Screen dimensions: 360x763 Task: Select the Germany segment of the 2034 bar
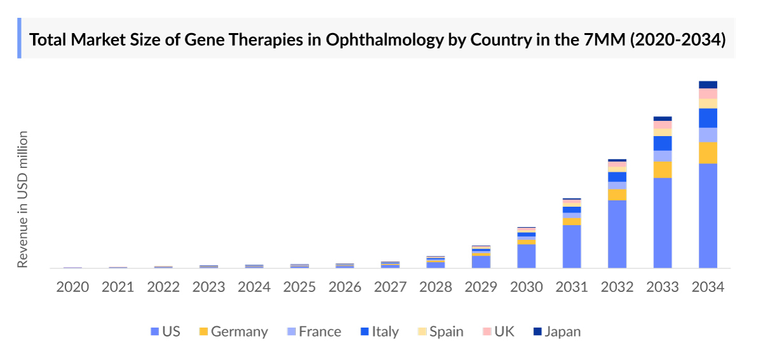[x=708, y=153]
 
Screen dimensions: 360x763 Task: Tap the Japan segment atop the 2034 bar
[x=708, y=85]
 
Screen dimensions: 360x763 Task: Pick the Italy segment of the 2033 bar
[x=663, y=143]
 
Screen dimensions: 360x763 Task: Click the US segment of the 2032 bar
[x=617, y=233]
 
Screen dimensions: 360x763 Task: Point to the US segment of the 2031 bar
[x=572, y=246]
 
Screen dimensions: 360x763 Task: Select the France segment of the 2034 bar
[x=708, y=135]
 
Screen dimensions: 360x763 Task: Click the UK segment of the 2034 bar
[x=708, y=93]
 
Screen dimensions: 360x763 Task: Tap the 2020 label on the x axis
[x=72, y=287]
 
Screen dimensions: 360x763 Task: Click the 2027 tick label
[x=390, y=287]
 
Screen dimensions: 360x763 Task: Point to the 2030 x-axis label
[x=526, y=287]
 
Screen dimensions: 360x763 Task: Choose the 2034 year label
[x=708, y=287]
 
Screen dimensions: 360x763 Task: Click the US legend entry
[x=165, y=331]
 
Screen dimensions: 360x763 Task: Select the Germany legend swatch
[x=203, y=331]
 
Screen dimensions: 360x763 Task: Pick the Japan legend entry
[x=556, y=331]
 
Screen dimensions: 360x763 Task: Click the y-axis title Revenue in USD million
[x=23, y=199]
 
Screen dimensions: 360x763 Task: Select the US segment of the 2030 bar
[x=526, y=256]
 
